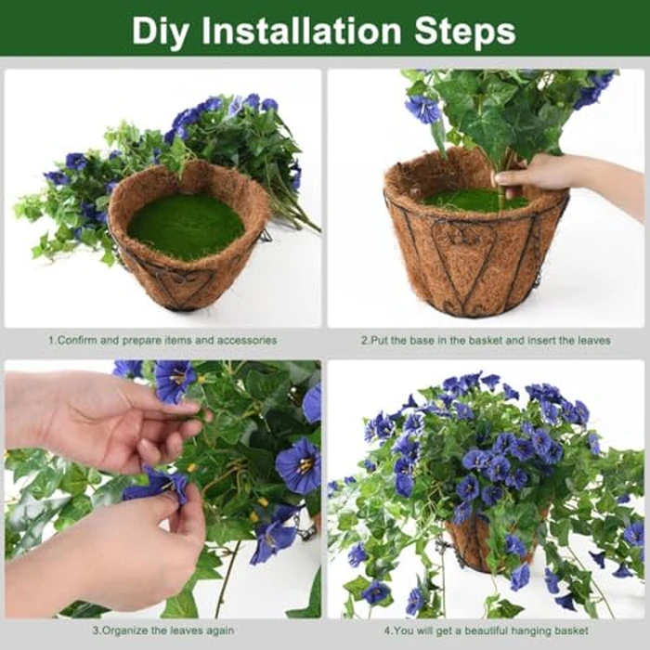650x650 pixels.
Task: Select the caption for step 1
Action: coord(162,341)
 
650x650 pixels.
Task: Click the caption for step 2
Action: coord(485,341)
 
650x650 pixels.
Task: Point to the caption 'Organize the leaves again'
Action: coord(162,630)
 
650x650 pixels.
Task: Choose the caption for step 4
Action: coord(486,630)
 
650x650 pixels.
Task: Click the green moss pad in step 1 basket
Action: coord(186,226)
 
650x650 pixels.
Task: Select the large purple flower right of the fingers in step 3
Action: coord(297,464)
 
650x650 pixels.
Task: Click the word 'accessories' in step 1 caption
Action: coord(248,341)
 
